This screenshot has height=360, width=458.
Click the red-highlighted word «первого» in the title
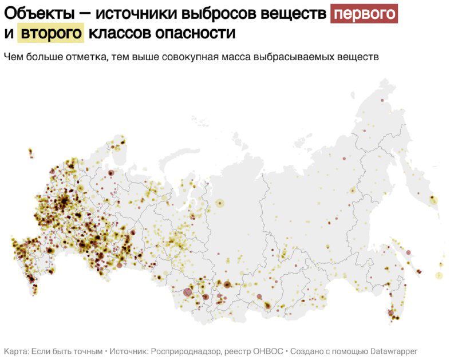pos(364,13)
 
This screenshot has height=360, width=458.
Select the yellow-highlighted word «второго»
pos(52,33)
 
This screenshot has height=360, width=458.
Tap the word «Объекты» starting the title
pos(38,13)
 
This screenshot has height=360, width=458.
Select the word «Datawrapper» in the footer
pos(390,351)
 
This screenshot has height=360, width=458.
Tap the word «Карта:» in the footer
pos(16,351)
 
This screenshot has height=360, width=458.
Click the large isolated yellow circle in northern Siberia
pos(220,203)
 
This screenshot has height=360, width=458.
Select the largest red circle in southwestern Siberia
pos(188,292)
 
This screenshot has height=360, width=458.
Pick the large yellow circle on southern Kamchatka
pos(433,200)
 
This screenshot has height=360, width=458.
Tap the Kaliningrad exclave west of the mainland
pos(31,152)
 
